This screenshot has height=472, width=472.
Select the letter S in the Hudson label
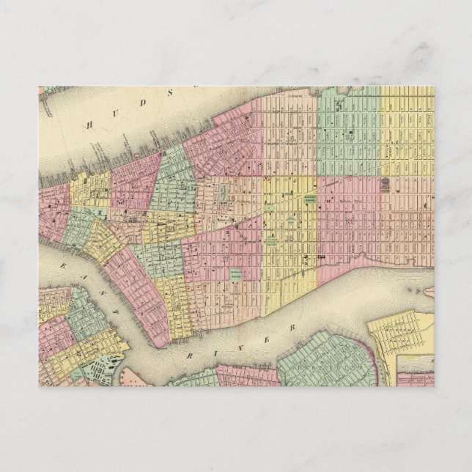[x=172, y=92]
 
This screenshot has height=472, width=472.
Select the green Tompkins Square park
[x=236, y=274]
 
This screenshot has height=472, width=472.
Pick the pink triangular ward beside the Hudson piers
[x=136, y=180]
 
